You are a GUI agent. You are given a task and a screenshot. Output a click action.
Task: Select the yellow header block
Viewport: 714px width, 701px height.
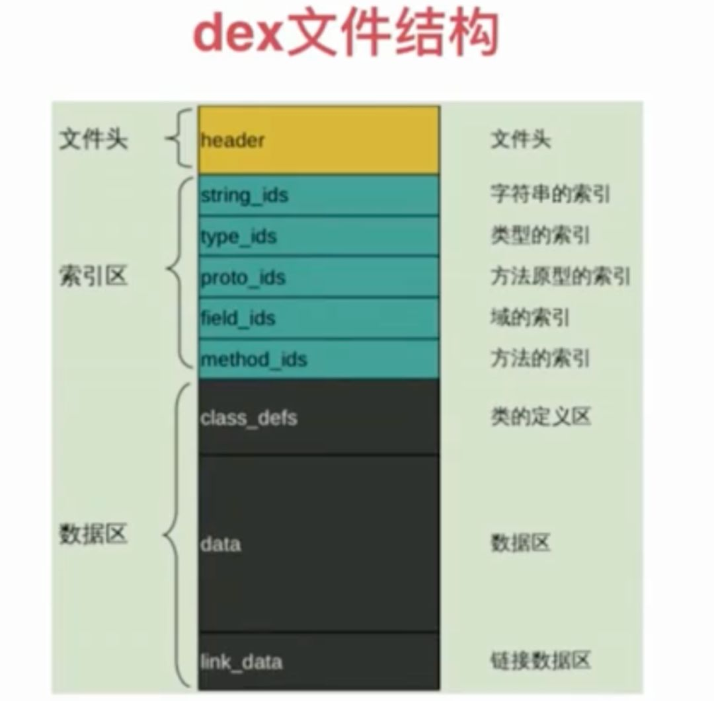[x=319, y=140]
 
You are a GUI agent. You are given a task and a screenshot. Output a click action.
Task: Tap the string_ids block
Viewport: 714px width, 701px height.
[x=319, y=196]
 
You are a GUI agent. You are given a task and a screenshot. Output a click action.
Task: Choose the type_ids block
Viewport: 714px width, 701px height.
[x=319, y=237]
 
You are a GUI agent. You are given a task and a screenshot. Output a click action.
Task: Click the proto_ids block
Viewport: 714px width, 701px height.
[x=319, y=277]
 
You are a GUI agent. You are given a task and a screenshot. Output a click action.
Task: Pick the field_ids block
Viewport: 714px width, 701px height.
[x=319, y=318]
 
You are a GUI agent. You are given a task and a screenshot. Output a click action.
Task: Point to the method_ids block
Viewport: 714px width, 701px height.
[x=319, y=359]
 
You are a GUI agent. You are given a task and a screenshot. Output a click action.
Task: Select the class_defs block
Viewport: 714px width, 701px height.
[x=319, y=417]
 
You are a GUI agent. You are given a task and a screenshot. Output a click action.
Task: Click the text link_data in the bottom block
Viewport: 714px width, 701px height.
[x=241, y=661]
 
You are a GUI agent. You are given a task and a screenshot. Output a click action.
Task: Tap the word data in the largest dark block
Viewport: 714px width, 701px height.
[x=220, y=544]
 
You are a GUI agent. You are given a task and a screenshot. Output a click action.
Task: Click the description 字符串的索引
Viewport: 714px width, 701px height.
[x=550, y=194]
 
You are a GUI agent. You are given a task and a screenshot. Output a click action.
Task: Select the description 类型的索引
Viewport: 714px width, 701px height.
[x=540, y=236]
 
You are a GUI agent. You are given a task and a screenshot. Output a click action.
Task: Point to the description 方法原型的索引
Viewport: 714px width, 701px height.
[x=560, y=277]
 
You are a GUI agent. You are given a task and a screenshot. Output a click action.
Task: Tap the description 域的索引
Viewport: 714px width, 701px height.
[x=530, y=318]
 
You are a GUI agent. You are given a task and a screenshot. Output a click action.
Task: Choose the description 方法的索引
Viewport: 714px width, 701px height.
[x=540, y=359]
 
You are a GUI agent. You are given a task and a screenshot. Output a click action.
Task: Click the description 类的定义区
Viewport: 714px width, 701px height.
[x=540, y=417]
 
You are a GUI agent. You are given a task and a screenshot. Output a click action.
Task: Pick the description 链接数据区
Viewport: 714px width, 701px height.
[x=540, y=661]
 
